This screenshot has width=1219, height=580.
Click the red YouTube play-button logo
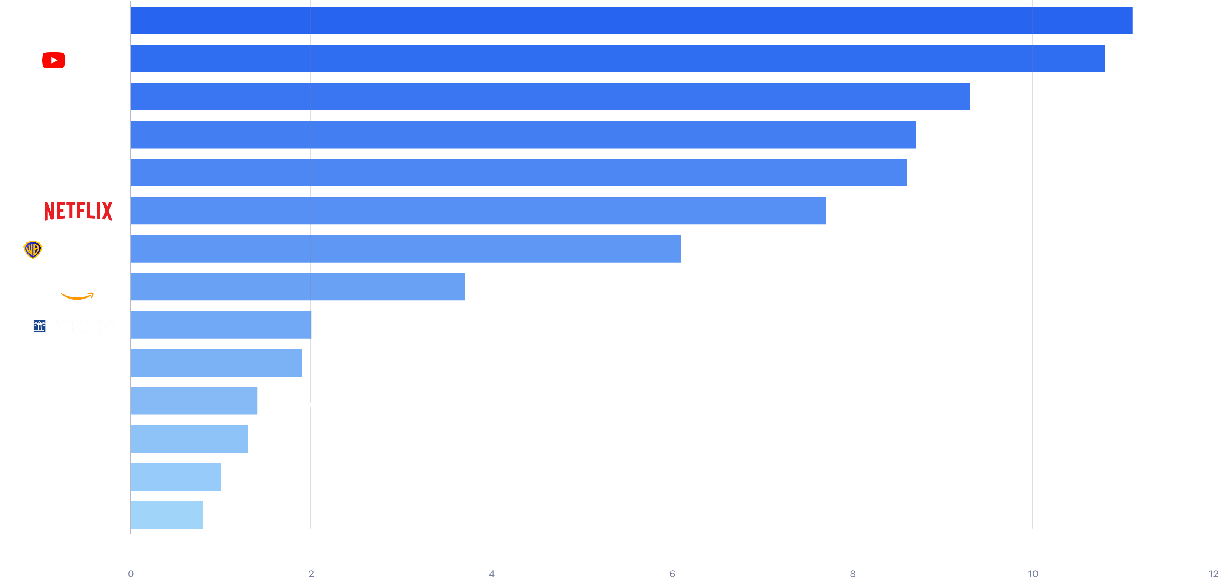click(53, 60)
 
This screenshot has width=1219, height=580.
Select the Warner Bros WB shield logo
click(33, 250)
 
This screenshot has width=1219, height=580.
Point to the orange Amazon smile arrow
click(77, 296)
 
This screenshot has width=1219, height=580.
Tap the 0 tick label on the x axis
click(131, 573)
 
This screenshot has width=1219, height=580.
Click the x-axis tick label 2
click(311, 573)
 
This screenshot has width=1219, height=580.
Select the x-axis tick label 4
click(492, 573)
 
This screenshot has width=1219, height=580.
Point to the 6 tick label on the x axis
click(672, 573)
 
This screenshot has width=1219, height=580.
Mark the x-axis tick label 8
click(853, 573)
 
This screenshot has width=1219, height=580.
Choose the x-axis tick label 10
click(1033, 573)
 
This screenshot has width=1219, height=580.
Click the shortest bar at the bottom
click(167, 515)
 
